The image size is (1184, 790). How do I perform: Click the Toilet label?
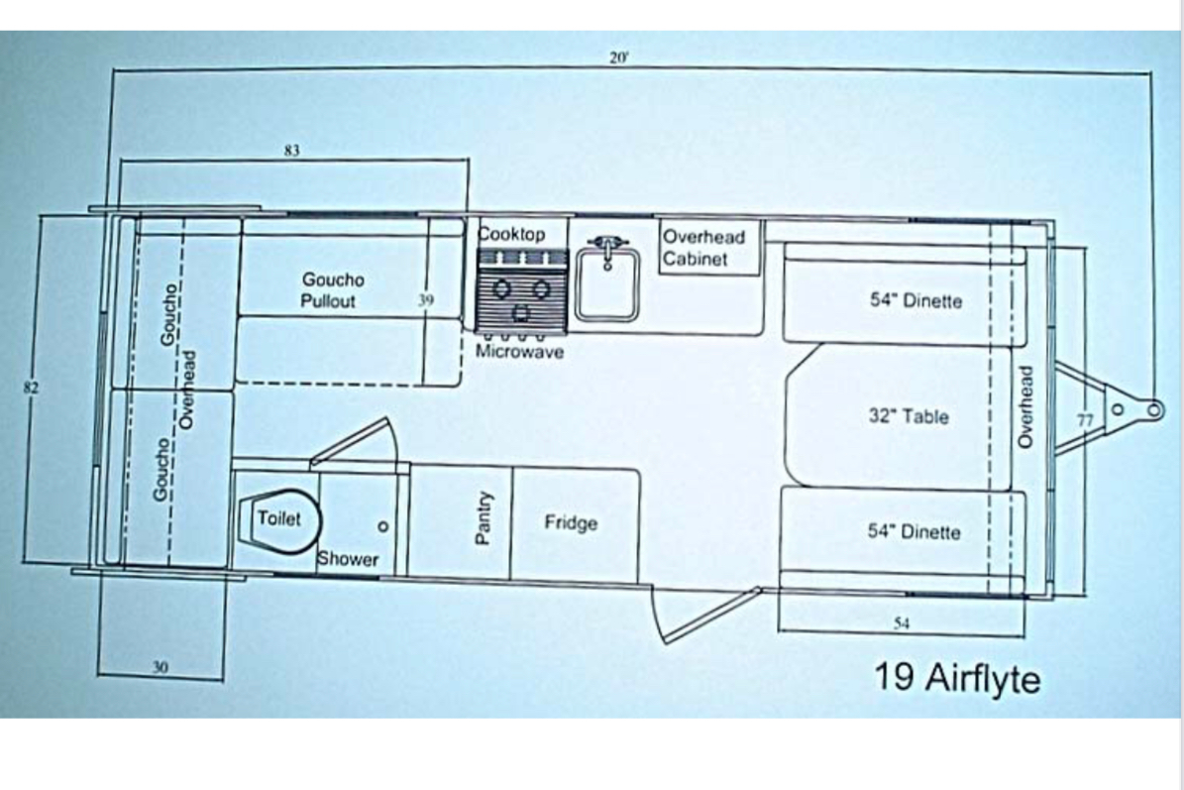click(x=278, y=518)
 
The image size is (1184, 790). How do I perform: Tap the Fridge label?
click(x=571, y=522)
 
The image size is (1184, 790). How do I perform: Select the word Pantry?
click(x=484, y=518)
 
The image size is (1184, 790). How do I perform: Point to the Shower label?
click(x=348, y=559)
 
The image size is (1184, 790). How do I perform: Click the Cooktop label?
click(x=512, y=234)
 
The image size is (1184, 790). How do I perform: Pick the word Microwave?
click(x=519, y=351)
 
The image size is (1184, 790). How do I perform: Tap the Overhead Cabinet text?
click(x=703, y=248)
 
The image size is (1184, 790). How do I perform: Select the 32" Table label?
click(x=909, y=416)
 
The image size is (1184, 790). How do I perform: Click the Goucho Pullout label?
click(x=332, y=290)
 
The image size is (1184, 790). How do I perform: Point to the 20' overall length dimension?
click(x=618, y=57)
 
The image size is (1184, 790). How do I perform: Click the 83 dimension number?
click(x=292, y=151)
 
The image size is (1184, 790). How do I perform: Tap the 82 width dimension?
click(x=30, y=388)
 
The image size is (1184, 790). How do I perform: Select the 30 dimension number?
click(x=161, y=667)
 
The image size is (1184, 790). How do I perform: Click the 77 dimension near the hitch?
click(x=1084, y=420)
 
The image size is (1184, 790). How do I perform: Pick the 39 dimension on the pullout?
click(x=426, y=299)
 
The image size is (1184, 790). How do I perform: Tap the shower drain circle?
click(x=383, y=526)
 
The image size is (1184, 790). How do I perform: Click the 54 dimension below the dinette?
click(x=902, y=623)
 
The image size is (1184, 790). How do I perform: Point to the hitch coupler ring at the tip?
click(x=1154, y=410)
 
